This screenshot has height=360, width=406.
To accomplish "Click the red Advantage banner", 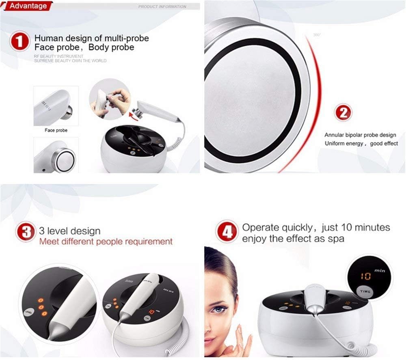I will pos(26,6).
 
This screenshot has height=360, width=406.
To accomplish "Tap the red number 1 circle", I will pos(19,43).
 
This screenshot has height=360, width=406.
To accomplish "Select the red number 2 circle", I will pos(343,112).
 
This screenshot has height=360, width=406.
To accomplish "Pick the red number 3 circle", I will pos(26,232).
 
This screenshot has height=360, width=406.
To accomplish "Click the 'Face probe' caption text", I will pos(56,131).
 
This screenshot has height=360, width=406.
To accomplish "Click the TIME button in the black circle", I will pos(365,291).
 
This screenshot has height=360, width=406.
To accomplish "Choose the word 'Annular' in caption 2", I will pos(334,135).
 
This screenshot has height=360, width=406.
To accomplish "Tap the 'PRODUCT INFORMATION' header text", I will pos(162,7).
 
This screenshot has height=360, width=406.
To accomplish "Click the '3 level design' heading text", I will pos(69,231).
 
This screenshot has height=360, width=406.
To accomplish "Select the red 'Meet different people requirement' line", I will pos(106,241).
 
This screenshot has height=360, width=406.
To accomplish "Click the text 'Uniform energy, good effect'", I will pos(361,144).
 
